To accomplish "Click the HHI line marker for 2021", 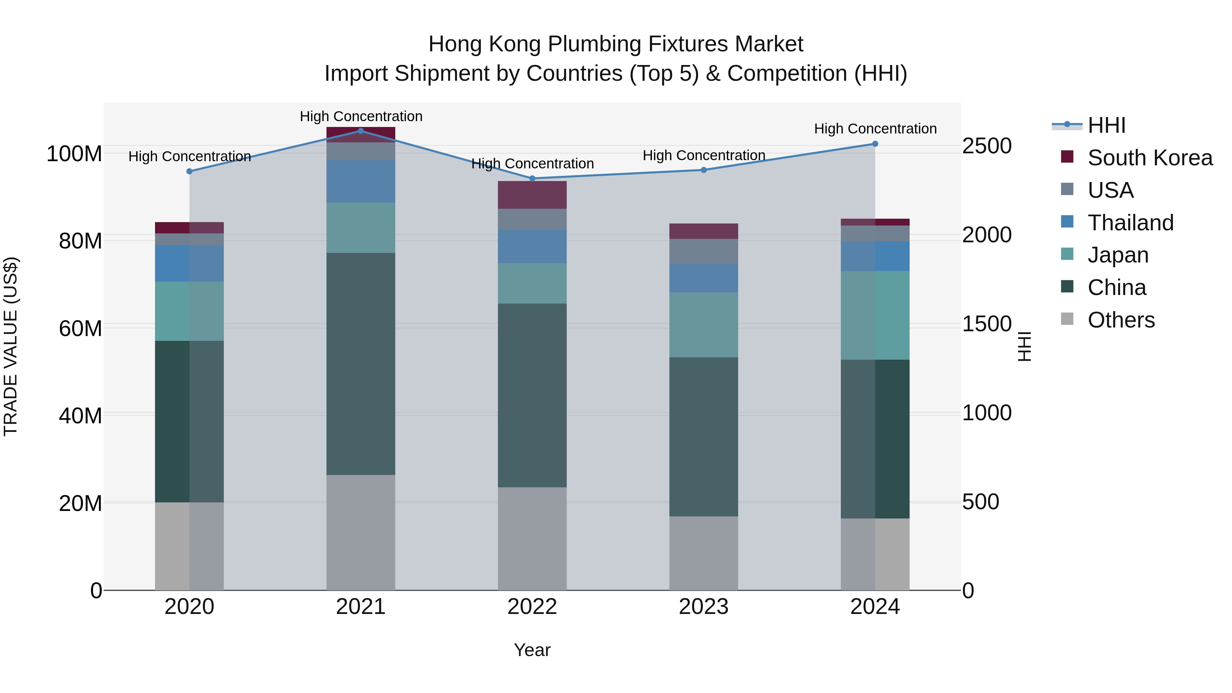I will click(x=361, y=131).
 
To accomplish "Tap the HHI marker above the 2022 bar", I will click(x=532, y=178).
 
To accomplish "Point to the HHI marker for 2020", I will click(x=189, y=171).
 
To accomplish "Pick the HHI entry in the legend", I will click(x=1106, y=125).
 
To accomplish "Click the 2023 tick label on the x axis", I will click(x=704, y=607).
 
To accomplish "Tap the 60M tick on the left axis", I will click(x=80, y=329).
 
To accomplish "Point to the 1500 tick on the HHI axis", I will click(x=987, y=324).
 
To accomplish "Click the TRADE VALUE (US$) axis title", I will click(x=11, y=346).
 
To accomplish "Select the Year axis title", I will click(x=532, y=650).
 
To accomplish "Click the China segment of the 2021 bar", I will click(x=361, y=363).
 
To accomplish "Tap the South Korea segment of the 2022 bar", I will click(x=532, y=195).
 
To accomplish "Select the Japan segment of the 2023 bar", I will click(x=704, y=325).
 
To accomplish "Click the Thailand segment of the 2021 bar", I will click(x=361, y=181).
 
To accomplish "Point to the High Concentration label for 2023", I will click(x=704, y=155).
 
